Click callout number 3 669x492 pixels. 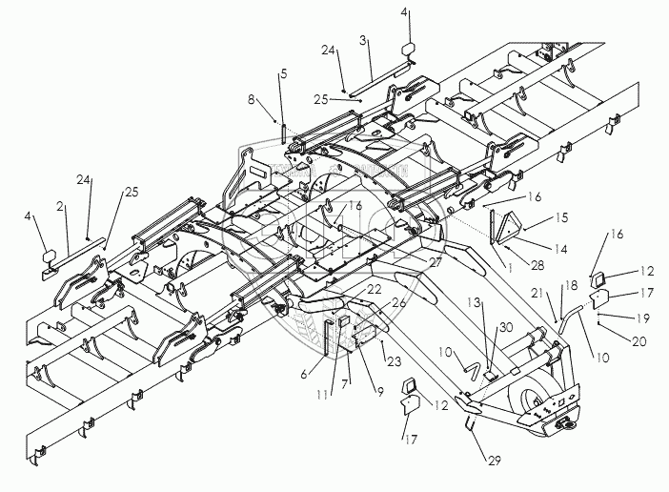pyautogui.click(x=364, y=43)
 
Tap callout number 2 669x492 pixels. pyautogui.click(x=60, y=205)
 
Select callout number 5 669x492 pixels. pyautogui.click(x=283, y=73)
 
